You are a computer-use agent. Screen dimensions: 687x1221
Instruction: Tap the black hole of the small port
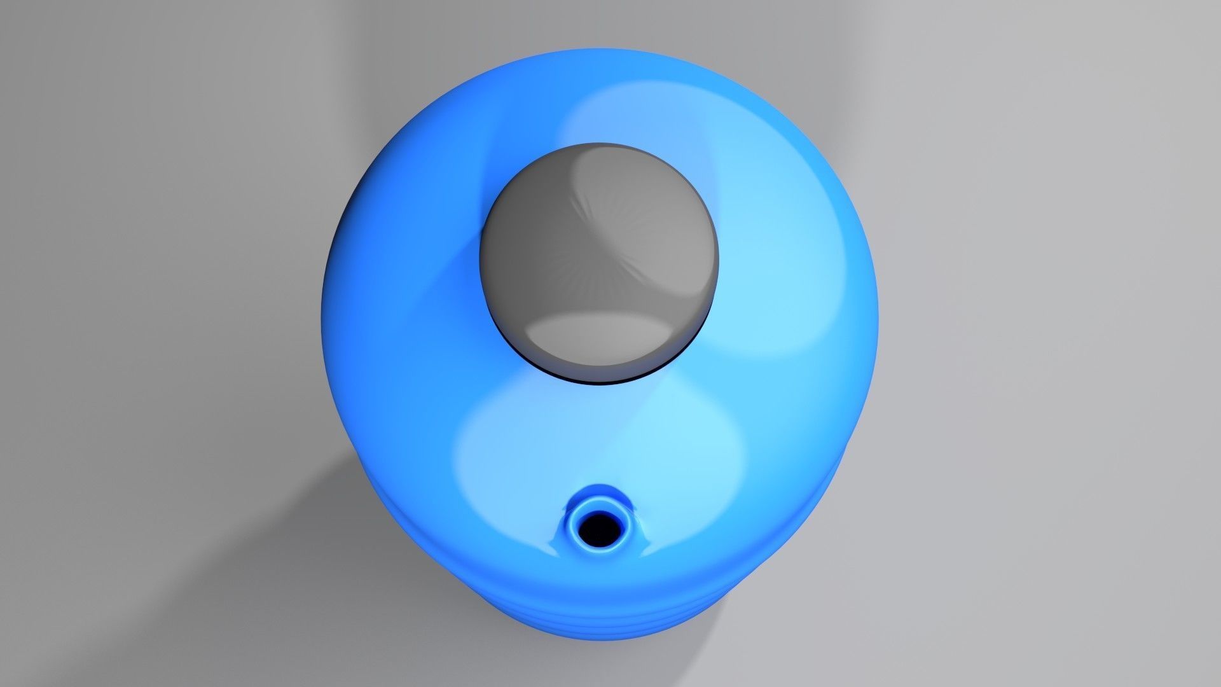point(597,527)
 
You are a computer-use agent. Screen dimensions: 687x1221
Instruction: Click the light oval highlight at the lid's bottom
point(601,340)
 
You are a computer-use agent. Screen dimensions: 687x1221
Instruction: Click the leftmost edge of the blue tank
point(324,305)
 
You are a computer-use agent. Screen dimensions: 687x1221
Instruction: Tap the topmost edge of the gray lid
point(599,144)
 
